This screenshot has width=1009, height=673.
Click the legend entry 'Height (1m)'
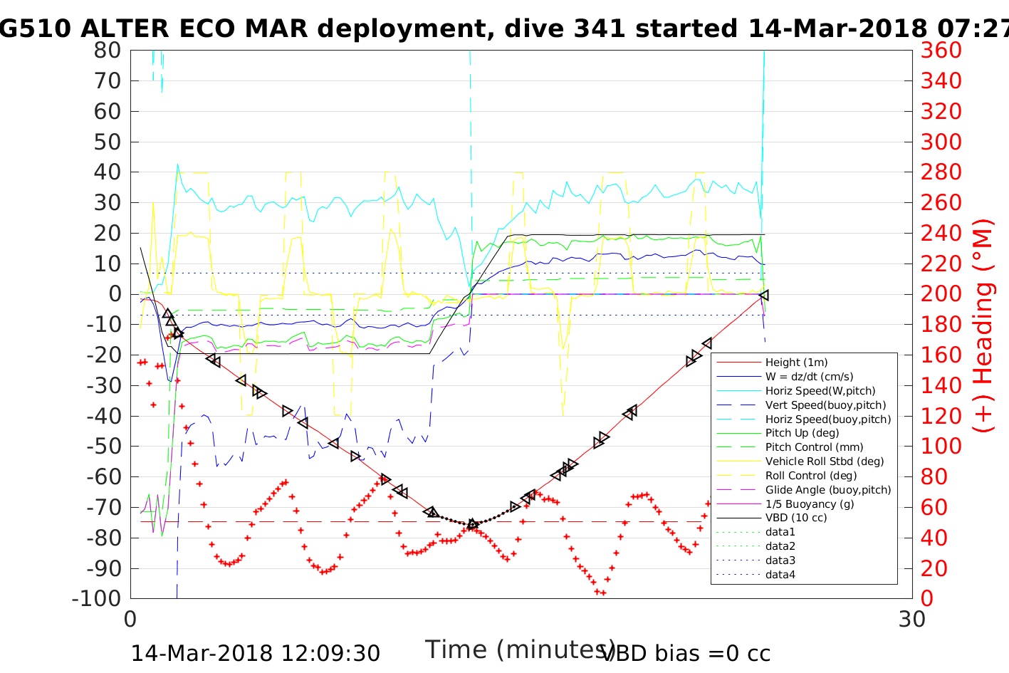pyautogui.click(x=796, y=362)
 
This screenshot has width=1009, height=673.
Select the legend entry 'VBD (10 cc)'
pyautogui.click(x=796, y=518)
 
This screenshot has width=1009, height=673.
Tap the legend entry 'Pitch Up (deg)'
pyautogui.click(x=802, y=433)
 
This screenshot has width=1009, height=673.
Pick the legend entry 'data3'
pyautogui.click(x=780, y=560)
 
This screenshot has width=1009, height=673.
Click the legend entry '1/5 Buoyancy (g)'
pyautogui.click(x=810, y=504)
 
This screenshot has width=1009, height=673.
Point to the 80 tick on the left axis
pyautogui.click(x=107, y=51)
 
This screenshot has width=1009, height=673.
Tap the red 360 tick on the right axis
pyautogui.click(x=941, y=51)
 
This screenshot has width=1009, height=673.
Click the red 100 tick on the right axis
pyautogui.click(x=941, y=446)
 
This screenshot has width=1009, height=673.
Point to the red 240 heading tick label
pyautogui.click(x=941, y=172)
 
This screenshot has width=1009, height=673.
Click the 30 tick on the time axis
pyautogui.click(x=912, y=619)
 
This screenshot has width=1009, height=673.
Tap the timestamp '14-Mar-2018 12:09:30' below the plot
pyautogui.click(x=255, y=653)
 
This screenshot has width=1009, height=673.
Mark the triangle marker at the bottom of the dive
pyautogui.click(x=473, y=525)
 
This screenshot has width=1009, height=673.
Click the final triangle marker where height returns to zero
pyautogui.click(x=764, y=295)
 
